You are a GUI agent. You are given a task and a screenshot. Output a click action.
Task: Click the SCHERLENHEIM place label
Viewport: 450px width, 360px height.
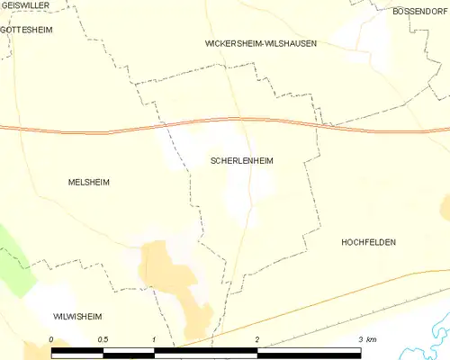tap(241, 161)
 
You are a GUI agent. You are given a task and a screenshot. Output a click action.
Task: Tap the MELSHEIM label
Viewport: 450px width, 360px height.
tap(88, 182)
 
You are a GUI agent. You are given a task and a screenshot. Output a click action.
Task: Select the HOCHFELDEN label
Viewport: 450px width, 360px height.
tap(369, 243)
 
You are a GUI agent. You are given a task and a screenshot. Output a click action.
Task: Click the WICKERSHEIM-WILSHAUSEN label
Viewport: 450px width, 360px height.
tap(261, 43)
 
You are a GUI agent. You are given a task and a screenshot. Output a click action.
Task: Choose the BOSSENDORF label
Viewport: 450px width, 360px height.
tap(420, 12)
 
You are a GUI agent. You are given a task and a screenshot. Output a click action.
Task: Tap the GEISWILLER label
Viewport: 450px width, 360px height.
tap(24, 5)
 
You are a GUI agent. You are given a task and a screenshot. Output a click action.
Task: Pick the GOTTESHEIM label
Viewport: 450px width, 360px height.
tap(27, 29)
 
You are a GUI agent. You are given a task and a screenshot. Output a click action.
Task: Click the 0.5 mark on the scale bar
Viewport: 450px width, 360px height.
tap(103, 338)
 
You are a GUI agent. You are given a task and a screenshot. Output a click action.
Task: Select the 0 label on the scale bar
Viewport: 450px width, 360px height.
tap(51, 338)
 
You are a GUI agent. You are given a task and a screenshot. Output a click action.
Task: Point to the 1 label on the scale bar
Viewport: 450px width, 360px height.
tap(155, 338)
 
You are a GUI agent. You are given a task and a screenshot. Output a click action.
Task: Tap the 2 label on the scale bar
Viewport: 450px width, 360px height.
tap(257, 338)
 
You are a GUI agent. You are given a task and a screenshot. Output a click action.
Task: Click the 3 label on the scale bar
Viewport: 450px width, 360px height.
tap(360, 338)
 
